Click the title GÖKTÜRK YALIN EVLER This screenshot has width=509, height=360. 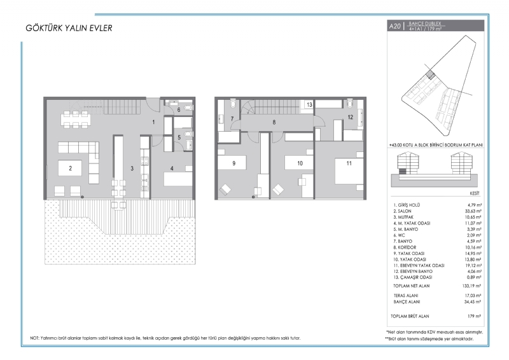(69, 28)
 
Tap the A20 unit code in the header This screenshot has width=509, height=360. (394, 26)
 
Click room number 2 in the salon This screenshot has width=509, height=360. (71, 168)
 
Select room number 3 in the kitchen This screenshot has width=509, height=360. (132, 168)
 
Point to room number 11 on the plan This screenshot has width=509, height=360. (349, 163)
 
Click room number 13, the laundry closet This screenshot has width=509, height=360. (309, 104)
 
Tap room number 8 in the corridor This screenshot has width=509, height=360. (274, 122)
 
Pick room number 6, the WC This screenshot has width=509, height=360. (179, 110)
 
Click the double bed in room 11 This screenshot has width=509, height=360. (349, 171)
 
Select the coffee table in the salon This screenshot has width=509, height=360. (70, 168)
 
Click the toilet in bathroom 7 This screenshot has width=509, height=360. (232, 103)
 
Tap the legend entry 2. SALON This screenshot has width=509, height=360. (402, 211)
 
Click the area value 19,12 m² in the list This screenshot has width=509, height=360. (473, 265)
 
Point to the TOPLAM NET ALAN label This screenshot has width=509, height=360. (411, 286)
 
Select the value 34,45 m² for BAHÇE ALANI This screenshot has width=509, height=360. (473, 301)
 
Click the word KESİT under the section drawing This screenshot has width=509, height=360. (475, 193)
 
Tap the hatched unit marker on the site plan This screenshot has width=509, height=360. (431, 74)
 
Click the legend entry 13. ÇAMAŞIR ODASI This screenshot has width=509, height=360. (412, 277)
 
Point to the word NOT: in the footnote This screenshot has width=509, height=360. (35, 338)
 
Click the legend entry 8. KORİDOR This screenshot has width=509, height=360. (405, 247)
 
